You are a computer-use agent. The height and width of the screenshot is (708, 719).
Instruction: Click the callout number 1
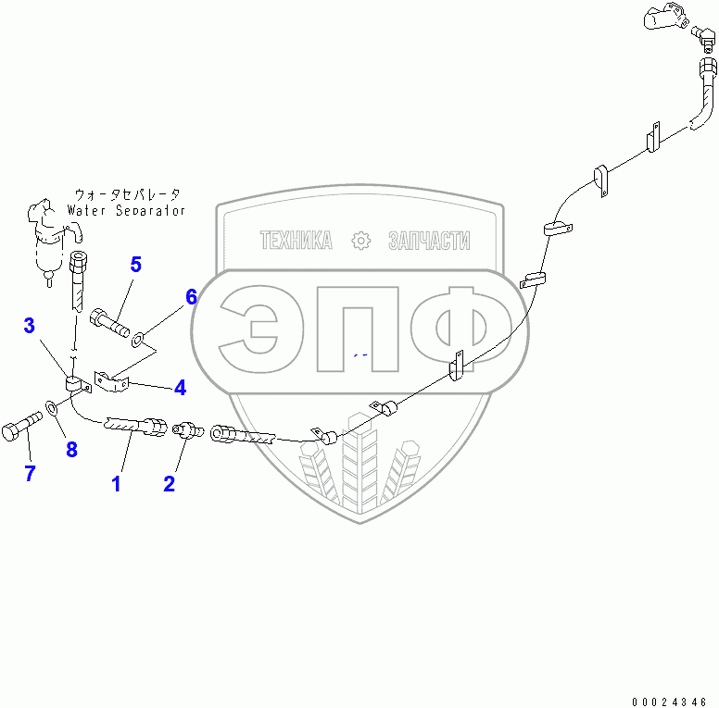(x=117, y=483)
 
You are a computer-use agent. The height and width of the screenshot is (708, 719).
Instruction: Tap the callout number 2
(x=169, y=483)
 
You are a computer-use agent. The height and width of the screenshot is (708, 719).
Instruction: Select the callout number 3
(x=30, y=325)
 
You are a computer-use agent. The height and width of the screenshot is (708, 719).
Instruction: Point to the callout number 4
(x=180, y=387)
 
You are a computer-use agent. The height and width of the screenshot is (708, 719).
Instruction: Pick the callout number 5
(x=136, y=265)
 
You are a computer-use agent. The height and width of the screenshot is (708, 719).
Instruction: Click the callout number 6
(x=191, y=297)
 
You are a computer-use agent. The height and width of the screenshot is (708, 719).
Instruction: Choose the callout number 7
(x=30, y=474)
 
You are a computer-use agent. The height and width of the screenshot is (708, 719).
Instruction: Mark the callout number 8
(x=71, y=450)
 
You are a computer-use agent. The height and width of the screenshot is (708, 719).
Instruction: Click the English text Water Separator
(x=127, y=211)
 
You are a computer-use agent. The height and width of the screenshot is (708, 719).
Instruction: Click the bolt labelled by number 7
(x=23, y=429)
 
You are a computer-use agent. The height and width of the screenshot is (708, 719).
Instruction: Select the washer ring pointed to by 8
(x=51, y=407)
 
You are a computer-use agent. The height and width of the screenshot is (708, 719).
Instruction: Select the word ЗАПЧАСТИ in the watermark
(x=428, y=242)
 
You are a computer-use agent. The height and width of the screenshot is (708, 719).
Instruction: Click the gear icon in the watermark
(x=359, y=242)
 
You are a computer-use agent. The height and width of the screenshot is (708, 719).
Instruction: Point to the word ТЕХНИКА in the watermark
(x=296, y=242)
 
